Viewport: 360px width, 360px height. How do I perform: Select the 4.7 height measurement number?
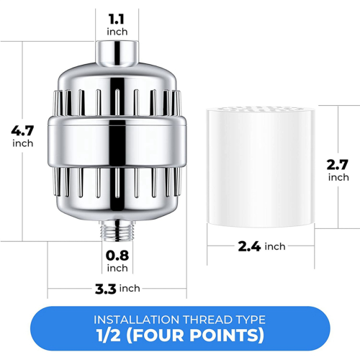(22, 131)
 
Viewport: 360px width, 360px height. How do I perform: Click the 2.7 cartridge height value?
(338, 164)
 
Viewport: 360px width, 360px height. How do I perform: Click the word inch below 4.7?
(22, 143)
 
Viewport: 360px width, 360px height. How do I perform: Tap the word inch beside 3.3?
(130, 289)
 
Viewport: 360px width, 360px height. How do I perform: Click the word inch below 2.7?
(338, 177)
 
